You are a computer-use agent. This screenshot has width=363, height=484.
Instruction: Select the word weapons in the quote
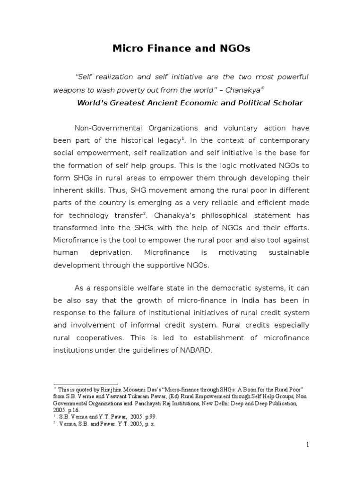69,90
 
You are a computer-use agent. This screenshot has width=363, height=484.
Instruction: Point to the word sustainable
289,253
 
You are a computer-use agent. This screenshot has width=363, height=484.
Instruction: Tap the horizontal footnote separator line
85,384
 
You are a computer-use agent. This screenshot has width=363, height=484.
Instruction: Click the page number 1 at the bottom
307,444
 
